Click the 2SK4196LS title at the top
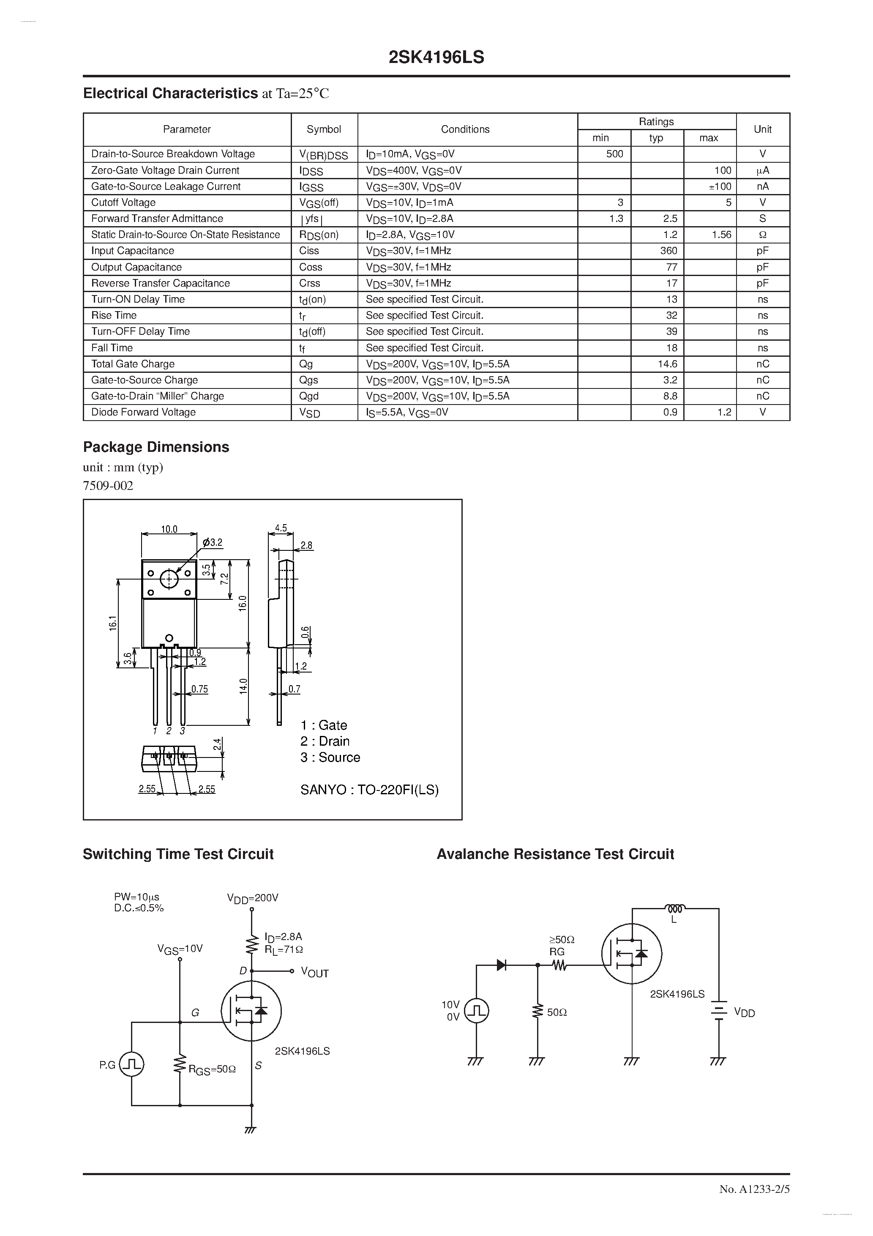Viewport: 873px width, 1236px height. click(436, 57)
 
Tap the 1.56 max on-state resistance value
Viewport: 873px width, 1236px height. click(721, 235)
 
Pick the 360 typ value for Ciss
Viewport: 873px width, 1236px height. click(668, 251)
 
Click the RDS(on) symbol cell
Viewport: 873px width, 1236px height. click(319, 235)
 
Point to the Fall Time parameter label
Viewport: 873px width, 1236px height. click(112, 348)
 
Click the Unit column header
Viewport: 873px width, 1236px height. click(763, 129)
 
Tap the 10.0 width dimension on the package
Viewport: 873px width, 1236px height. click(169, 529)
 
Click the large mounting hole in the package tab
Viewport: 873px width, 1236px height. click(169, 579)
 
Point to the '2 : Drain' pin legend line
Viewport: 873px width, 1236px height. click(325, 741)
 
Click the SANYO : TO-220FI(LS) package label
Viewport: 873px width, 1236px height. click(369, 790)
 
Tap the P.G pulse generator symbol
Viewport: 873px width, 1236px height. click(131, 1064)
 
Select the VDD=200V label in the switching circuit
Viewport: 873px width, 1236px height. click(252, 898)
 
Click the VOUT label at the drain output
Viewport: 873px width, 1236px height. click(314, 972)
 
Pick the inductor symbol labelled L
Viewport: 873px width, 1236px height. click(675, 909)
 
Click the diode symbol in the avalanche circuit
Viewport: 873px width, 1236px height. click(502, 965)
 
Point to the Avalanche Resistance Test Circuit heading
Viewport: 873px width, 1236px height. click(555, 854)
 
